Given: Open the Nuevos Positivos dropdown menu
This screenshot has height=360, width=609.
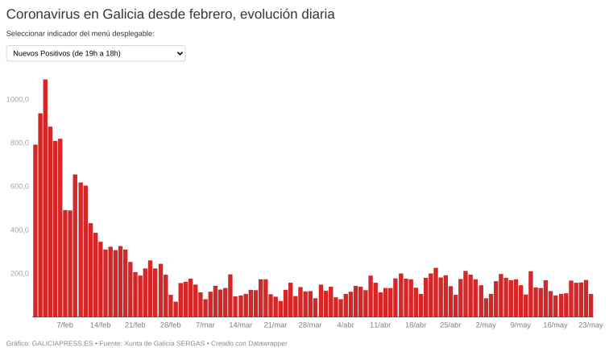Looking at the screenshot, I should [96, 53].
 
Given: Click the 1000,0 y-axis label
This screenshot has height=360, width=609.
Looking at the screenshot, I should [17, 99].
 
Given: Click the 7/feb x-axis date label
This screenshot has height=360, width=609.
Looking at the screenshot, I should [64, 325].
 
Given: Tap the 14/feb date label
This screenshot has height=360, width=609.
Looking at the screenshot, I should [100, 325].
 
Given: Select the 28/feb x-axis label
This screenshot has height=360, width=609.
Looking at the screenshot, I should [170, 325].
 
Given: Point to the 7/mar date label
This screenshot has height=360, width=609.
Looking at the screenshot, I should [205, 325].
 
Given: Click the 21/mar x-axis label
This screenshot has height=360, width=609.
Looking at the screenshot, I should [275, 325].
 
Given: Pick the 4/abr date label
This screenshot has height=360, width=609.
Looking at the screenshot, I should [345, 325].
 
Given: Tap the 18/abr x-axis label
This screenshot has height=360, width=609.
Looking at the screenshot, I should [415, 325].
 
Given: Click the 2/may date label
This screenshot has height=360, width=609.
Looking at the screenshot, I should [486, 325].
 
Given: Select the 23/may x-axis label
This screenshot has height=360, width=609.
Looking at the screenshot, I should [590, 325].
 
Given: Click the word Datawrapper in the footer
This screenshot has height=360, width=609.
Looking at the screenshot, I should [263, 344].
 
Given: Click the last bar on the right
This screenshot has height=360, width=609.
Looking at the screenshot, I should [590, 305].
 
